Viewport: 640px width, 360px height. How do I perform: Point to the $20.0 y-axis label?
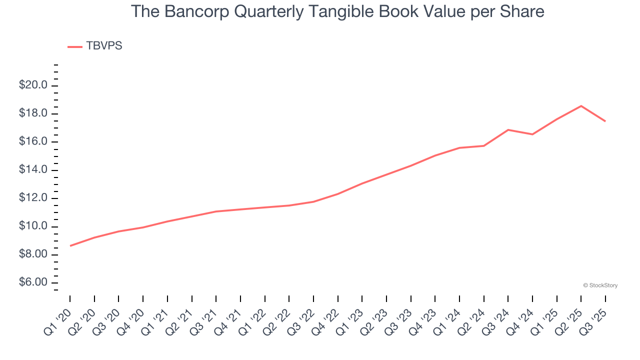click(x=33, y=85)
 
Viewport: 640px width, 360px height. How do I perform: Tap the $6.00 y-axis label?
click(x=33, y=283)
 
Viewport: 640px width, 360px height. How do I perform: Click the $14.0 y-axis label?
click(x=33, y=170)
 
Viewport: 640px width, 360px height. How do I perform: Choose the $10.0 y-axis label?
click(x=33, y=226)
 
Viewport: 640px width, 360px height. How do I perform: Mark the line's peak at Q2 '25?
click(x=581, y=106)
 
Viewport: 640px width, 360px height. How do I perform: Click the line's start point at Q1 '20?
click(x=70, y=245)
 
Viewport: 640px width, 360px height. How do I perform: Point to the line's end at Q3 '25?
click(x=605, y=121)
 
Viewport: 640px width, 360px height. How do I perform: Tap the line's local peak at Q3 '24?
click(x=508, y=130)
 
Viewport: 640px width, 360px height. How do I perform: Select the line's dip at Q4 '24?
click(x=532, y=134)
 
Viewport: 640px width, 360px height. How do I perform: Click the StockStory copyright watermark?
click(x=600, y=285)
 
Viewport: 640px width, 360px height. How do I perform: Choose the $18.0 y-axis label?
click(x=33, y=113)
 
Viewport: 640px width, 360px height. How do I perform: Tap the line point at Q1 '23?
click(x=362, y=183)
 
